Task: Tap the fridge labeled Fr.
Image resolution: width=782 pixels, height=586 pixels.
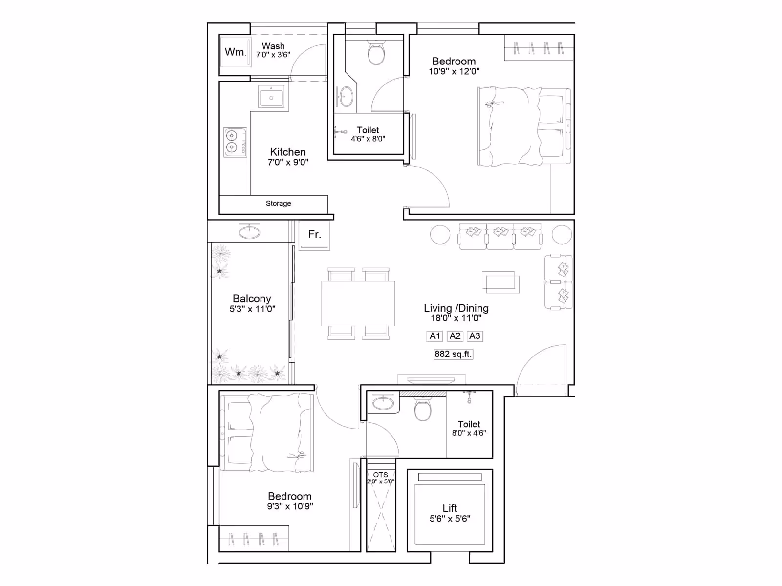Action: [x=314, y=235]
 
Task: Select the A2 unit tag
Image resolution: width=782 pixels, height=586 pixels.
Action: [x=455, y=336]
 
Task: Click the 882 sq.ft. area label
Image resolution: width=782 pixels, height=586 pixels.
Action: [x=453, y=354]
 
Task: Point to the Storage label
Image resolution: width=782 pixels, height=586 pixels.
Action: [x=278, y=203]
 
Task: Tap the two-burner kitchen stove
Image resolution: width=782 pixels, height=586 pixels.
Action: [x=235, y=142]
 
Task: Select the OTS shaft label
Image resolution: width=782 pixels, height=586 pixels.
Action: [x=380, y=475]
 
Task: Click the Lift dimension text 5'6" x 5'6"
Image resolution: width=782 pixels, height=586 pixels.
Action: [x=450, y=519]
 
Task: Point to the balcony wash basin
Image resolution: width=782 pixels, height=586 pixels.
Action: [x=249, y=232]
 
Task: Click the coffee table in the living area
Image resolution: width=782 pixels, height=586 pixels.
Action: [x=500, y=282]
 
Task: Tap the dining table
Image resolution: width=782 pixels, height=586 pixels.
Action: [x=358, y=303]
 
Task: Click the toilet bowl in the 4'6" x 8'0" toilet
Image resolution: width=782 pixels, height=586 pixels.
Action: [x=376, y=53]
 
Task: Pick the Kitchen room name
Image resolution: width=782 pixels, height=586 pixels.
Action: [x=288, y=152]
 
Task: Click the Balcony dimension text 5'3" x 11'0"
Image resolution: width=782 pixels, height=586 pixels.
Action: [x=252, y=309]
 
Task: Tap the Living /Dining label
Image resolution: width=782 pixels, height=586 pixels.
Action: [x=456, y=308]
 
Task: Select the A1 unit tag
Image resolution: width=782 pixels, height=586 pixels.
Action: [x=434, y=336]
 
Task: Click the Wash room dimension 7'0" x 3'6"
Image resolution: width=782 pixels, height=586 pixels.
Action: [x=273, y=55]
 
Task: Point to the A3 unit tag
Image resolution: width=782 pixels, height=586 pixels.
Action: [x=475, y=336]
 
